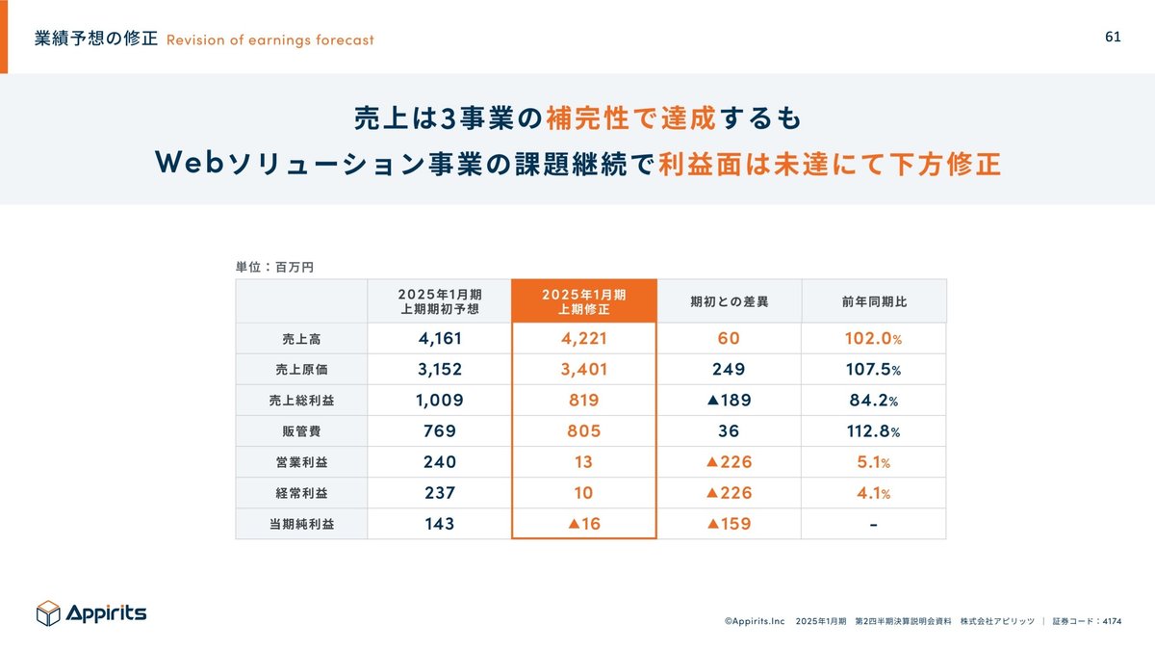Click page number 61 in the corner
pyautogui.click(x=1113, y=37)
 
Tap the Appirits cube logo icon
pyautogui.click(x=48, y=613)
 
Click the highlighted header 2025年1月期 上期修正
pyautogui.click(x=583, y=301)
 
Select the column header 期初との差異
pyautogui.click(x=729, y=301)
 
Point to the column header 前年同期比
pyautogui.click(x=874, y=301)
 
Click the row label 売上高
pyautogui.click(x=301, y=339)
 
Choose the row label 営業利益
pyautogui.click(x=301, y=462)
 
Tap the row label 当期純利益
pyautogui.click(x=301, y=525)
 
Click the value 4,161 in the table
pyautogui.click(x=439, y=339)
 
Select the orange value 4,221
pyautogui.click(x=583, y=339)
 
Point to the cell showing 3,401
pyautogui.click(x=583, y=370)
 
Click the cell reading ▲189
pyautogui.click(x=729, y=401)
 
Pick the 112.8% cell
pyautogui.click(x=874, y=431)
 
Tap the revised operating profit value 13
pyautogui.click(x=583, y=462)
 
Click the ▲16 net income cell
pyautogui.click(x=583, y=525)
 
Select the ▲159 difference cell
pyautogui.click(x=729, y=525)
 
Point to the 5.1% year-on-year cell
pyautogui.click(x=874, y=462)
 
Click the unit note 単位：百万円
pyautogui.click(x=274, y=267)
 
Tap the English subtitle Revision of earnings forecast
pyautogui.click(x=269, y=39)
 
